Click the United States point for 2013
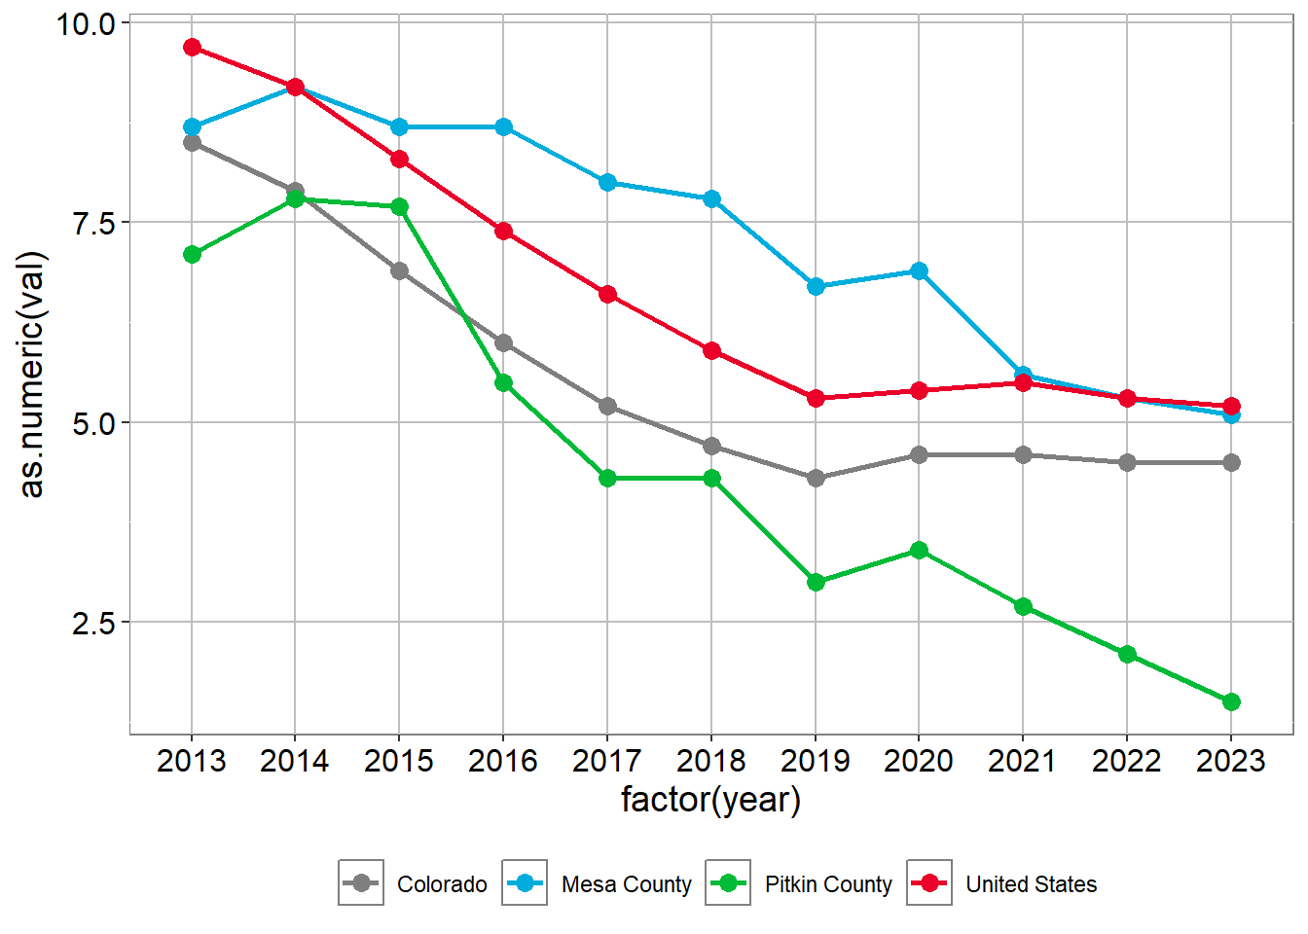coord(192,48)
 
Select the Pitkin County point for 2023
coord(1231,701)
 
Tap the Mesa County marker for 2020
coord(919,271)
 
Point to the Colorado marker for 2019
coord(816,479)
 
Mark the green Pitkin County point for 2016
coord(503,383)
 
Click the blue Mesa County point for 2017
coord(607,183)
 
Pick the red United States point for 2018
coord(711,351)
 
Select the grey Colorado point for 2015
coord(399,271)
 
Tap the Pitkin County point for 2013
coord(192,255)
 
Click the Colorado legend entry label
coord(442,884)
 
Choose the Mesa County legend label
coord(626,884)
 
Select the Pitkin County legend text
coord(828,884)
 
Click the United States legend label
coord(1031,884)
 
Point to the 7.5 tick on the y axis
coord(93,223)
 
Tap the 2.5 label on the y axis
coord(93,623)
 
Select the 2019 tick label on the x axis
coord(816,761)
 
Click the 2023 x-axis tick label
coord(1231,761)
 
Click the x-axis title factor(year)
coord(711,800)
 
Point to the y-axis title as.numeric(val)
coord(32,375)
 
